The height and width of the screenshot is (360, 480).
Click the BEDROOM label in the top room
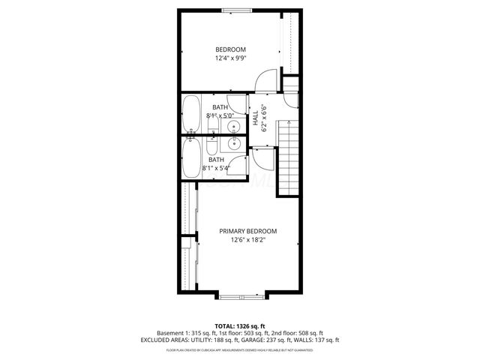point(230,49)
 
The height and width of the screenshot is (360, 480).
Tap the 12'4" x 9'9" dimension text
point(230,58)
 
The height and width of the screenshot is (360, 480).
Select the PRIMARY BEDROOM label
point(248,231)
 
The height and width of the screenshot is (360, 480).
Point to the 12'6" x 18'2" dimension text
point(248,240)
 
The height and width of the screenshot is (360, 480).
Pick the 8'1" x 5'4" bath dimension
point(216,168)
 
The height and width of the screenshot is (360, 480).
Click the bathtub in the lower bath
point(190,157)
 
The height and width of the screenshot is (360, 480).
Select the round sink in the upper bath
point(233,126)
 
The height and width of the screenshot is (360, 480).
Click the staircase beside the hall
point(288,157)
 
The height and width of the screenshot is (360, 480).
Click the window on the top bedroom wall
point(236,10)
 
